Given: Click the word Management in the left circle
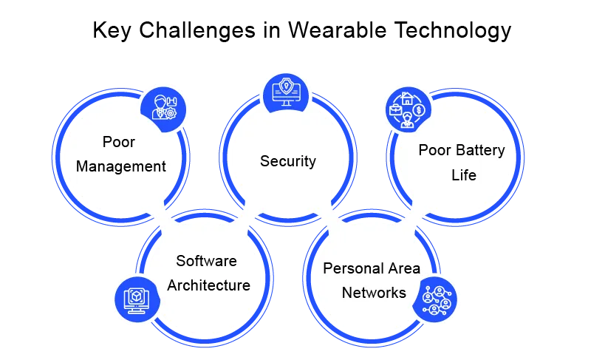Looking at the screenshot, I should click(121, 166).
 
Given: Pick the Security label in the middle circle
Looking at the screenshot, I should click(288, 161).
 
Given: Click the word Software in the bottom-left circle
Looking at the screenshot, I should click(206, 261).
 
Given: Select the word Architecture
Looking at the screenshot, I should click(209, 285).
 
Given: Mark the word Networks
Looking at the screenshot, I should click(374, 293).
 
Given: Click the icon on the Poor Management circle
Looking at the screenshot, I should click(163, 108).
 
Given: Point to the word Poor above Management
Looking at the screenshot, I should click(120, 142).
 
